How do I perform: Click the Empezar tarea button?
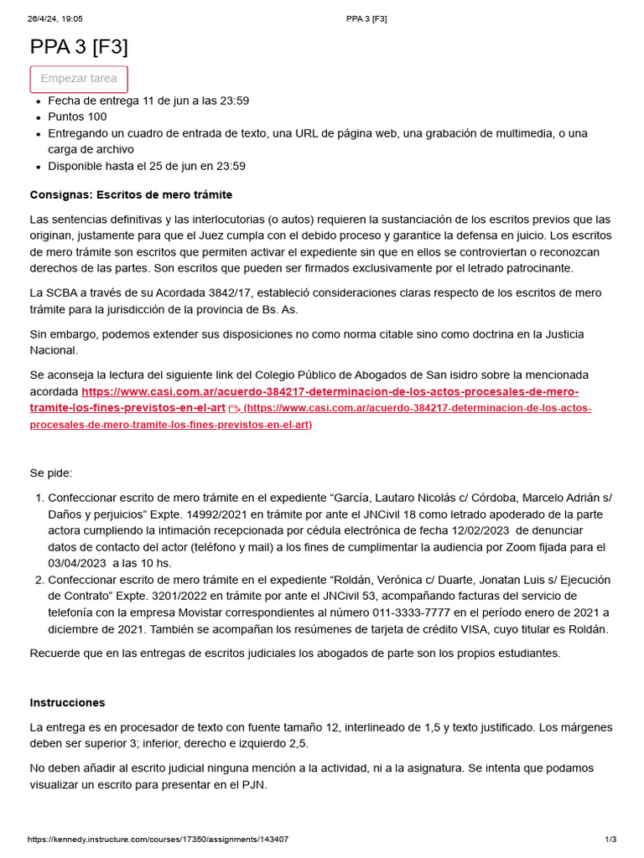(x=79, y=79)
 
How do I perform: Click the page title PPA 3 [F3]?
(x=79, y=47)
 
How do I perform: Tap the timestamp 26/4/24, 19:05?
(x=55, y=18)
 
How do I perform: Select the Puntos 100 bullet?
(x=77, y=116)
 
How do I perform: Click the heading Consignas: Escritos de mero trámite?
(x=131, y=194)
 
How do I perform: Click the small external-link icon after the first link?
(x=233, y=409)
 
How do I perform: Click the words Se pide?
(x=51, y=473)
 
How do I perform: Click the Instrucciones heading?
(x=68, y=702)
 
